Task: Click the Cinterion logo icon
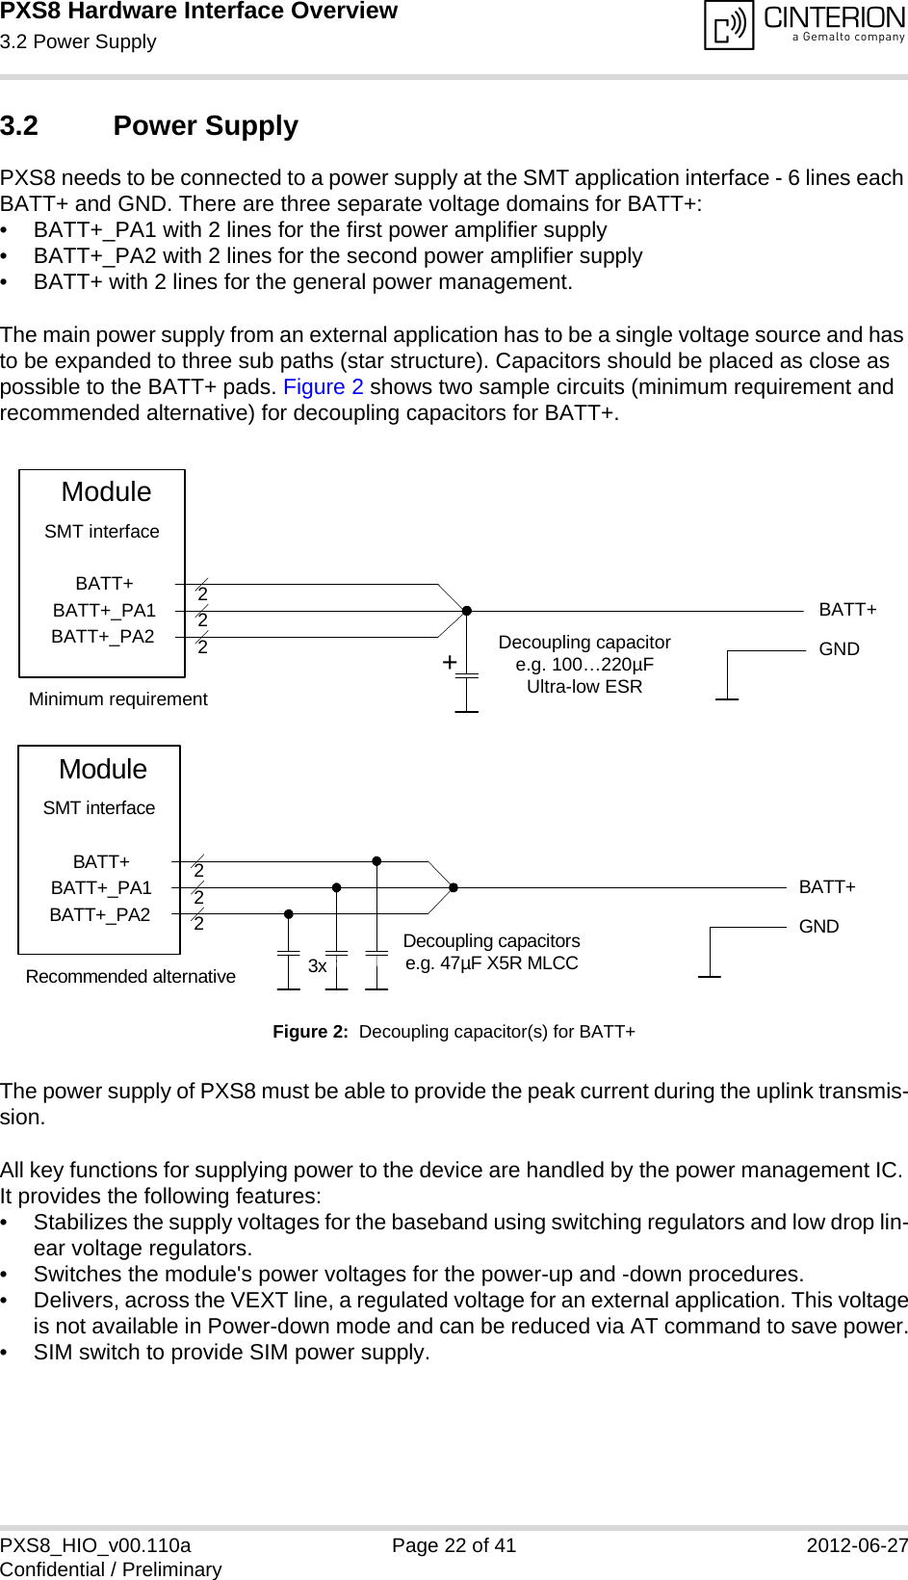(x=729, y=25)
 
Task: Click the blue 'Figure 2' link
(x=323, y=387)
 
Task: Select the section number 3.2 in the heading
(x=19, y=126)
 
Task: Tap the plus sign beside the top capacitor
(x=449, y=663)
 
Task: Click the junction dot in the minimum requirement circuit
(x=467, y=611)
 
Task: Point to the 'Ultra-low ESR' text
(x=584, y=687)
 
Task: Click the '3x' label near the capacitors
(x=317, y=966)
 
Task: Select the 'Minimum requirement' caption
(x=117, y=699)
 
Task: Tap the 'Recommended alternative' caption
(x=130, y=977)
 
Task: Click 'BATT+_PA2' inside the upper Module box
(x=102, y=637)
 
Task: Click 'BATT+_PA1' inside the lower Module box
(x=101, y=888)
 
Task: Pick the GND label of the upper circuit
(x=839, y=649)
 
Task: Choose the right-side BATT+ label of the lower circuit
(x=827, y=887)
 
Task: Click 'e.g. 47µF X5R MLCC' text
(x=491, y=963)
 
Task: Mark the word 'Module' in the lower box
(x=103, y=770)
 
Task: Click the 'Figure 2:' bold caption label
(x=310, y=1032)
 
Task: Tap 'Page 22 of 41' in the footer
(x=454, y=1545)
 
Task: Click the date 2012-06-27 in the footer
(x=856, y=1545)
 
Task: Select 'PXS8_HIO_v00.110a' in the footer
(x=95, y=1545)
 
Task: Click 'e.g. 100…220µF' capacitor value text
(x=584, y=665)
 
